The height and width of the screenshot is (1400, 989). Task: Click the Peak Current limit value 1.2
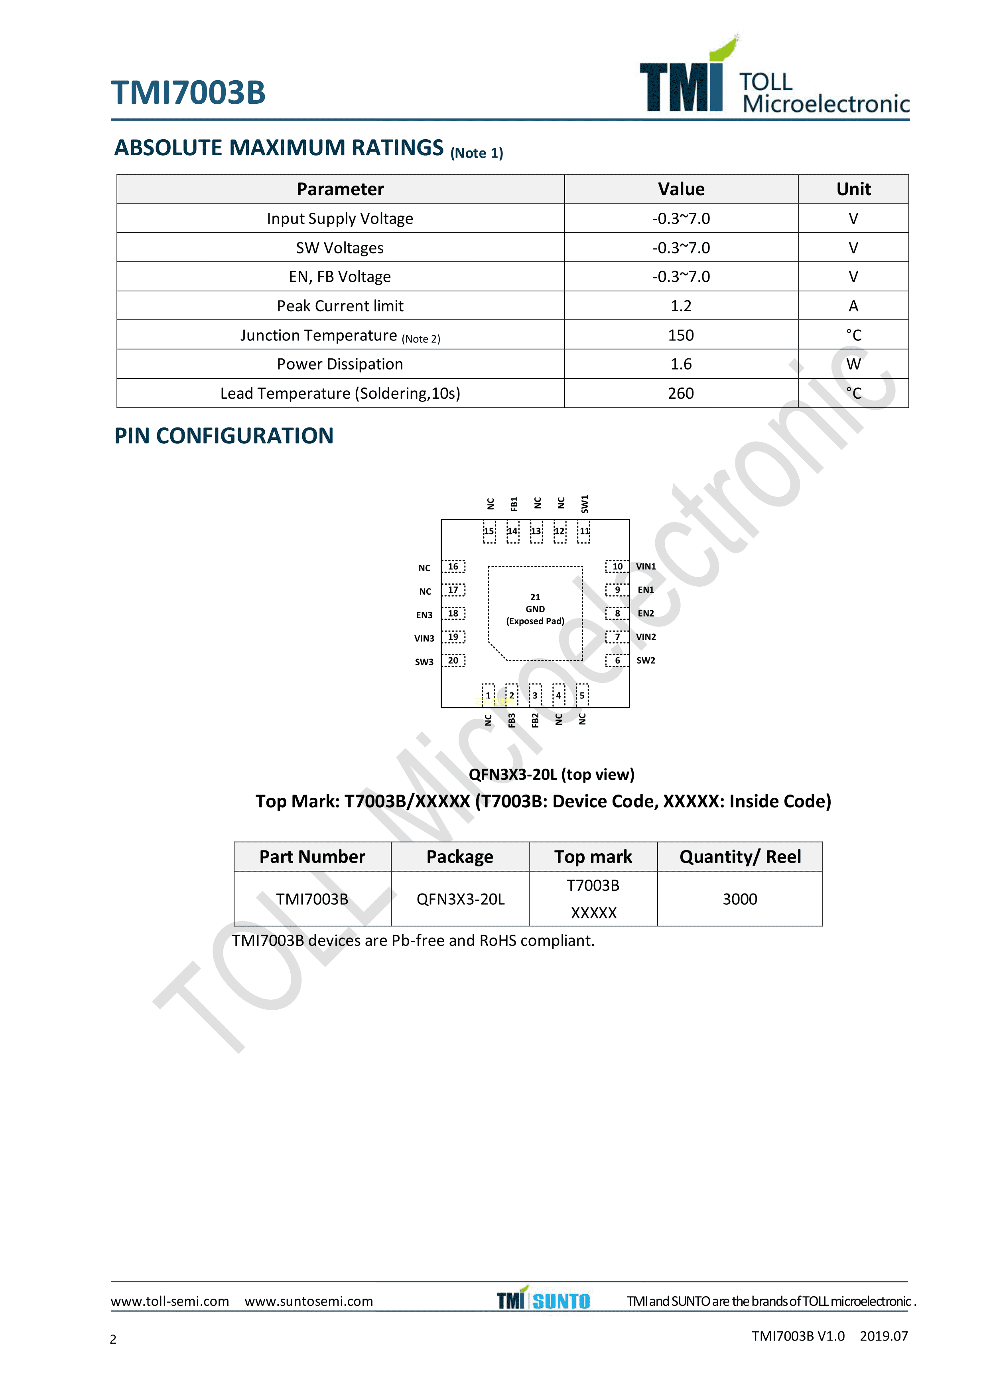pyautogui.click(x=681, y=306)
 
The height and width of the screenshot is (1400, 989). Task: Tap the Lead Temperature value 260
pyautogui.click(x=681, y=393)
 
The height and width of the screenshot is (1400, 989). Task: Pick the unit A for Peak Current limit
pyautogui.click(x=853, y=306)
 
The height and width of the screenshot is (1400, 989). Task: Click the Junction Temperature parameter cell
pyautogui.click(x=340, y=335)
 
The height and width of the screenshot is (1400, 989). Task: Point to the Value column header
pyautogui.click(x=681, y=189)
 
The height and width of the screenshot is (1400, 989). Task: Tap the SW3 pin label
pyautogui.click(x=424, y=662)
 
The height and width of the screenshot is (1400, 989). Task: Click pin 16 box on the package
pyautogui.click(x=453, y=566)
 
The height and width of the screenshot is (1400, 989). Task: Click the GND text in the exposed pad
pyautogui.click(x=535, y=609)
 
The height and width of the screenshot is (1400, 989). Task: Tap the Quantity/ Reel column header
pyautogui.click(x=740, y=857)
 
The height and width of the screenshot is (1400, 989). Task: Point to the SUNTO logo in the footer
pyautogui.click(x=561, y=1301)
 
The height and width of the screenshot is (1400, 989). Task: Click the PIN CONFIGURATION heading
pyautogui.click(x=224, y=436)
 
